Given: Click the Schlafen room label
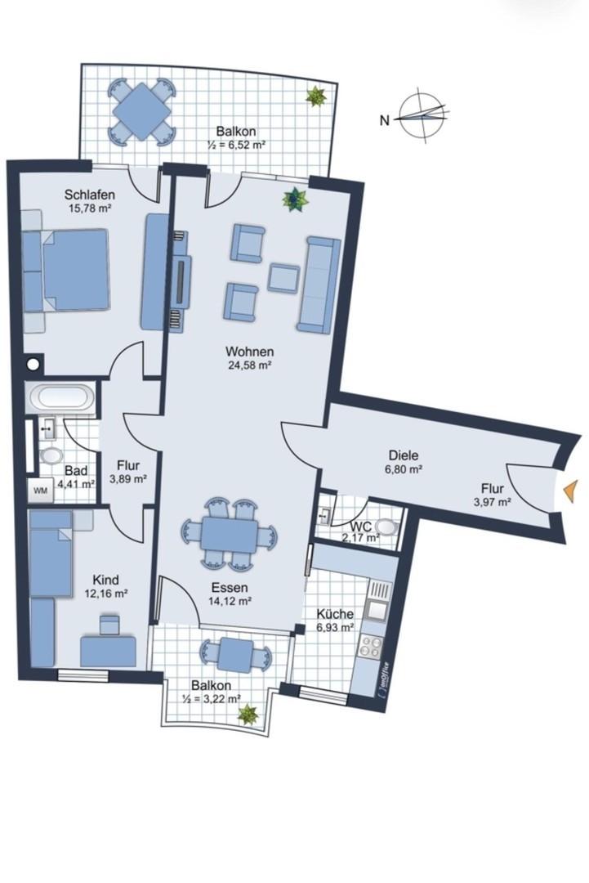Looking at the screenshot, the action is point(89,195).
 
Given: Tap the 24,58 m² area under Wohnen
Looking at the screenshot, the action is point(249,365).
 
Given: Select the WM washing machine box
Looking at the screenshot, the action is point(41,491).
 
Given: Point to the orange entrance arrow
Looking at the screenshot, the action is point(570,490).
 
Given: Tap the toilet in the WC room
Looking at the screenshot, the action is point(386,526).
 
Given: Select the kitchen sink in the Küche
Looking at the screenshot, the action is point(375,609).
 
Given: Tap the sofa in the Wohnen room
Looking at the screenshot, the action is point(319,285).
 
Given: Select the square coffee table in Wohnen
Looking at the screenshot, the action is point(283,278).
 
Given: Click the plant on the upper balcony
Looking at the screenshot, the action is point(315,96).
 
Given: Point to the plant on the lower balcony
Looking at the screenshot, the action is point(248,715).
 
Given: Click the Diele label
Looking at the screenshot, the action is point(404,455).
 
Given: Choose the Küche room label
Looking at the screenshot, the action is point(335,614).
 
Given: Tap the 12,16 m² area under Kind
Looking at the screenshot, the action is point(105,593).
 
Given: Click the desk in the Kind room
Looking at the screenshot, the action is point(108,652).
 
